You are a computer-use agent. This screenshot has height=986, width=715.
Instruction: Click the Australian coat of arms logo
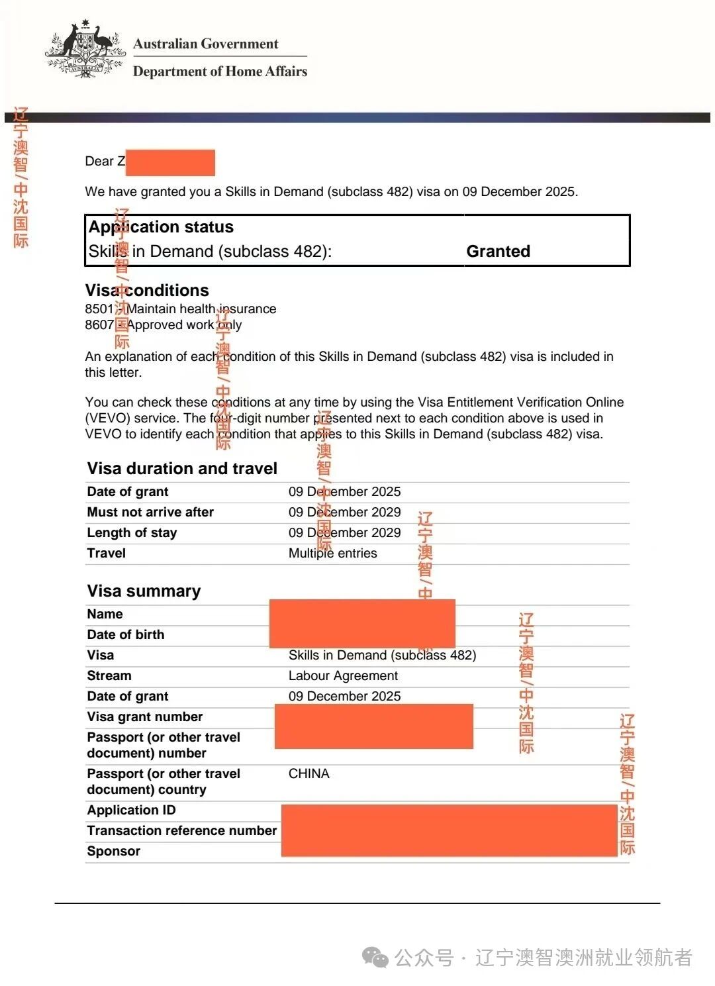[x=85, y=50]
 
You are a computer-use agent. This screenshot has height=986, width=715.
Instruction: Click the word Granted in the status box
[x=498, y=252]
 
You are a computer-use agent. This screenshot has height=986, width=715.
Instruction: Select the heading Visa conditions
[x=147, y=291]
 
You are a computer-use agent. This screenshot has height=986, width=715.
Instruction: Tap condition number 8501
[x=99, y=309]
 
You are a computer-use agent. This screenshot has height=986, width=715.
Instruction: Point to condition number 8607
[x=99, y=325]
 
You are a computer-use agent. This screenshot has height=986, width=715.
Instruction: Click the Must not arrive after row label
[x=150, y=513]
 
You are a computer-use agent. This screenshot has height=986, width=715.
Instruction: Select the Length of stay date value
[x=344, y=533]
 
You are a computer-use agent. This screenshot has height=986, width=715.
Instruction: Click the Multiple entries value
[x=332, y=554]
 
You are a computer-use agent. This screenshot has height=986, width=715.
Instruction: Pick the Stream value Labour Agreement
[x=343, y=676]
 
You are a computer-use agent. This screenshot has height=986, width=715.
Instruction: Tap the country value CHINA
[x=309, y=774]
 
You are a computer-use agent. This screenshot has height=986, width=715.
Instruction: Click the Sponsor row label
[x=113, y=852]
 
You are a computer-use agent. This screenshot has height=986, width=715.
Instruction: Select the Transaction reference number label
[x=181, y=831]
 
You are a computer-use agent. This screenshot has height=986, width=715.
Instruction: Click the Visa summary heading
[x=144, y=591]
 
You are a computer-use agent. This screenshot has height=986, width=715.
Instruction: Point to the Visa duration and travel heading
[x=182, y=469]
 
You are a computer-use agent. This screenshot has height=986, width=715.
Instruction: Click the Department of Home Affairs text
[x=220, y=72]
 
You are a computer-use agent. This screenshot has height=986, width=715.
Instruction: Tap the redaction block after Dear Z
[x=170, y=163]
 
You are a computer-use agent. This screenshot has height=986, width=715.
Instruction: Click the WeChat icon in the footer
[x=375, y=958]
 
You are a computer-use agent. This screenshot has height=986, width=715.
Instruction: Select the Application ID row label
[x=131, y=811]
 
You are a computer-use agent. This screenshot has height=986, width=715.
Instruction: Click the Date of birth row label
[x=125, y=635]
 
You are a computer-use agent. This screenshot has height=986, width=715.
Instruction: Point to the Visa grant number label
[x=144, y=717]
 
